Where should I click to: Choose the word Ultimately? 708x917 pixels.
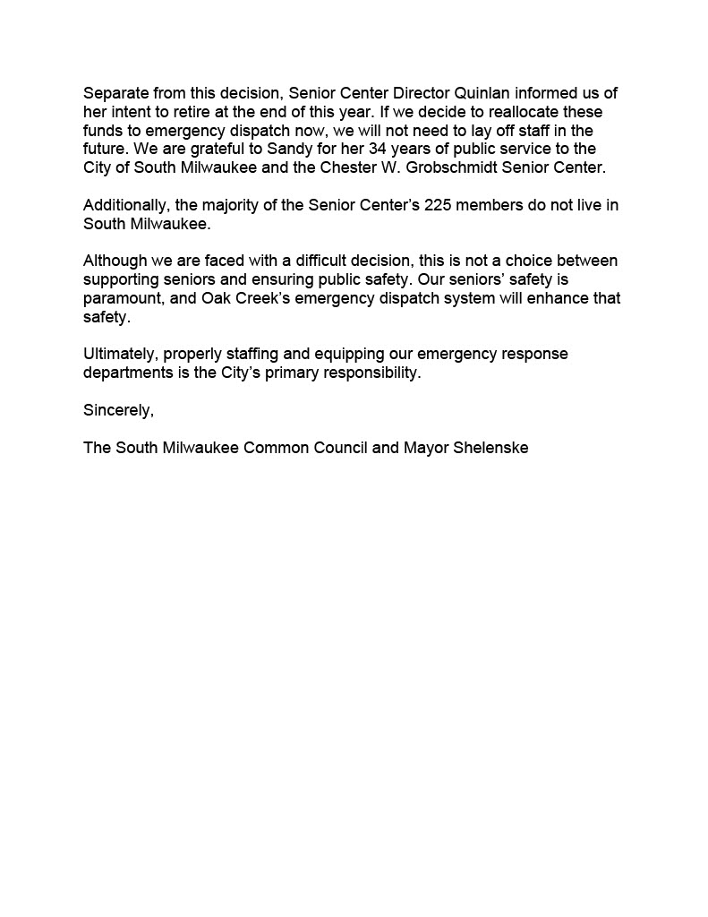(120, 354)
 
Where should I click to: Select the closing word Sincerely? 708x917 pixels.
(119, 410)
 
